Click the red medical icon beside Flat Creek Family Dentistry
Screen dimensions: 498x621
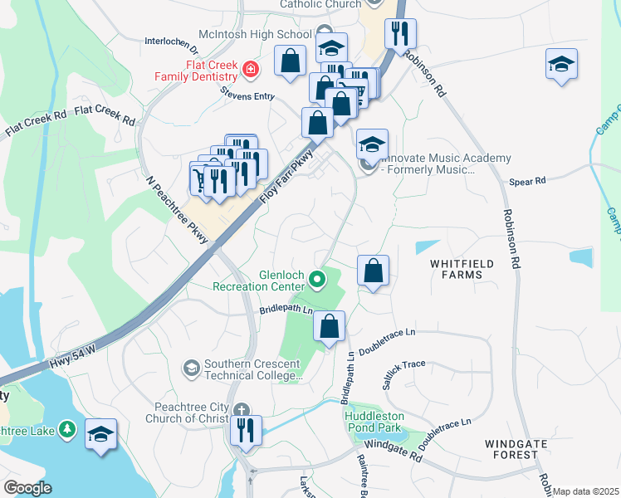point(250,70)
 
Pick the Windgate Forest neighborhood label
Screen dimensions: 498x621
point(516,450)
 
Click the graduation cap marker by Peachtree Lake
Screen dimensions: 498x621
point(101,435)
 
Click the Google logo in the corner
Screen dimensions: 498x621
point(28,488)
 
